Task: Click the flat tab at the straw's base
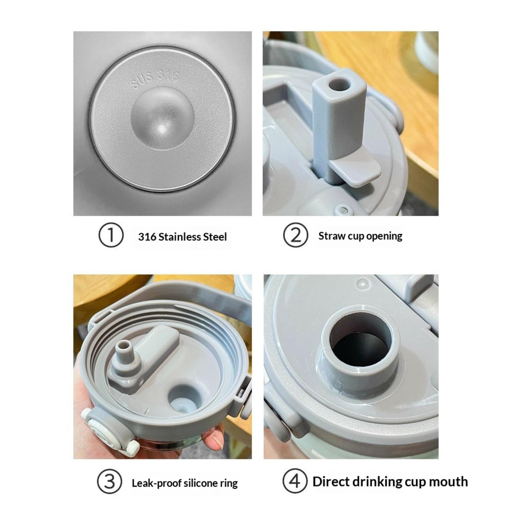pos(354,172)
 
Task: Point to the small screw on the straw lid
pos(344,210)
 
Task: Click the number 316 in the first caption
pos(147,237)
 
